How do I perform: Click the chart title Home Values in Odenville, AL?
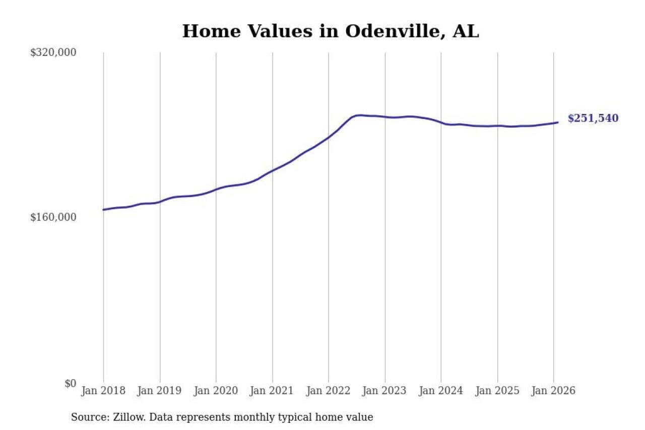click(330, 31)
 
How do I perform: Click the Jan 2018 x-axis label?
click(103, 391)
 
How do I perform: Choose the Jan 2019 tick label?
click(160, 391)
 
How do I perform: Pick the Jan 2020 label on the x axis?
click(216, 391)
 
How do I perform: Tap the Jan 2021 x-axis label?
click(273, 391)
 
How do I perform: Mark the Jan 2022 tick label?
click(329, 391)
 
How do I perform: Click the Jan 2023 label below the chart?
click(385, 391)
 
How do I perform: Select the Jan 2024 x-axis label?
click(441, 391)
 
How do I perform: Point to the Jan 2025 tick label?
click(498, 391)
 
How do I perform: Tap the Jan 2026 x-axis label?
click(554, 391)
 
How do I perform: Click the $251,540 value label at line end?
click(593, 118)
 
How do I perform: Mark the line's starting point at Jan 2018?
click(103, 210)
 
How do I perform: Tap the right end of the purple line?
click(558, 122)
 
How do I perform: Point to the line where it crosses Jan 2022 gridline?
click(329, 137)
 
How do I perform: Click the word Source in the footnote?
click(86, 417)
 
